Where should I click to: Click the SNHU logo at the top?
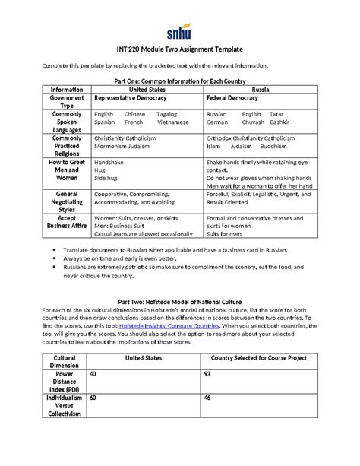180,33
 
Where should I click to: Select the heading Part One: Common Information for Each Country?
179,80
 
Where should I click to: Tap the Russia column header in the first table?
258,89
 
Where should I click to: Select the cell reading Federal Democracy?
235,98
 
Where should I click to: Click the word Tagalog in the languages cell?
169,114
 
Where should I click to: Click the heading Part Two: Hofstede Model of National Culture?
180,300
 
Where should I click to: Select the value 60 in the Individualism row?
93,397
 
